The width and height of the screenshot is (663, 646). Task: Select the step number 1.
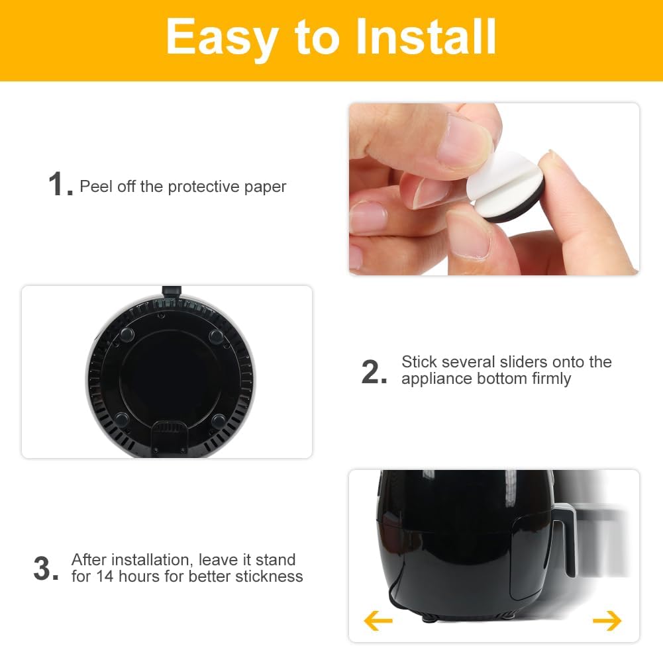59,185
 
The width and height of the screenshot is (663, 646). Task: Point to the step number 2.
374,373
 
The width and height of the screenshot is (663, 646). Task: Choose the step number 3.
46,569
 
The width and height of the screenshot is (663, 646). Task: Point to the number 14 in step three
105,577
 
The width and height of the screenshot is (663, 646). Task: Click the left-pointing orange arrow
378,621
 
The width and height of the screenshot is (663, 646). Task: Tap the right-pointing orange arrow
607,621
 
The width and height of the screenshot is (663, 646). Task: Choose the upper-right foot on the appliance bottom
216,336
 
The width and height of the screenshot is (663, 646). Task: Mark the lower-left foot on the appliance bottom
121,419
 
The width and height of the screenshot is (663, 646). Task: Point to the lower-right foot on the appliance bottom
219,420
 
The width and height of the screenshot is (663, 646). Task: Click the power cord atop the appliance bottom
171,291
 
